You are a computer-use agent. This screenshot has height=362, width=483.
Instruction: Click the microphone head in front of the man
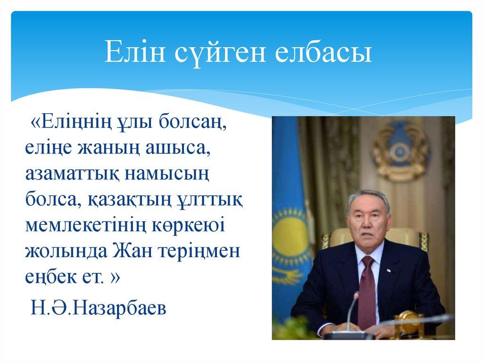pyautogui.click(x=356, y=296)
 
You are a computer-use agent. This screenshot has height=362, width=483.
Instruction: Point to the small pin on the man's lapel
pyautogui.click(x=389, y=270)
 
